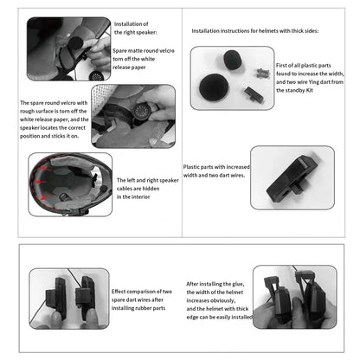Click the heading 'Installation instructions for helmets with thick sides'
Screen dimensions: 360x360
click(x=254, y=30)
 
